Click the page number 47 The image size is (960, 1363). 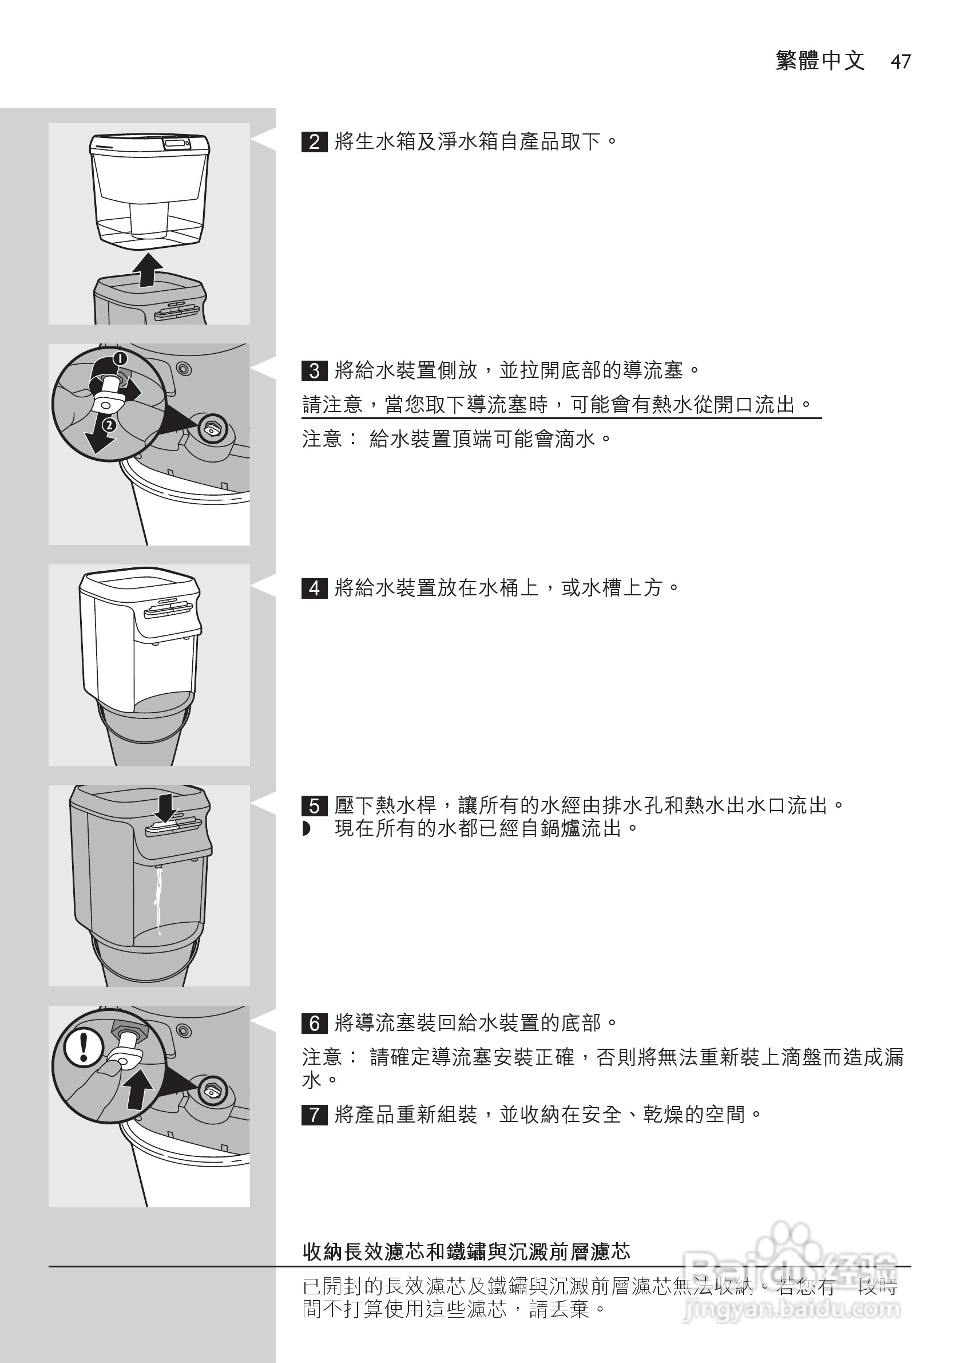pyautogui.click(x=900, y=62)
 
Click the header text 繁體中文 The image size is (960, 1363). pyautogui.click(x=820, y=61)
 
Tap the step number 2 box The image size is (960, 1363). pyautogui.click(x=314, y=143)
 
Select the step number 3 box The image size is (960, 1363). pyautogui.click(x=314, y=371)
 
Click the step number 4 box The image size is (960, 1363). pyautogui.click(x=314, y=588)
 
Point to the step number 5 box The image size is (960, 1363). pyautogui.click(x=314, y=806)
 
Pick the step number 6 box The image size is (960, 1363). pyautogui.click(x=314, y=1024)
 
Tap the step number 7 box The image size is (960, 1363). pyautogui.click(x=314, y=1115)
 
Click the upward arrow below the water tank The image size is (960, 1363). pyautogui.click(x=147, y=271)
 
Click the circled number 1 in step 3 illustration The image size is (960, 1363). pyautogui.click(x=120, y=358)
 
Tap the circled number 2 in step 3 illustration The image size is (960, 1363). pyautogui.click(x=109, y=425)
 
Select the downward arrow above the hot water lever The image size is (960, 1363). pyautogui.click(x=165, y=808)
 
